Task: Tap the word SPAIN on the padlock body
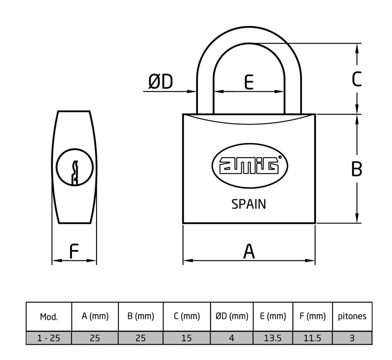click(249, 204)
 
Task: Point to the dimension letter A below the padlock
click(249, 252)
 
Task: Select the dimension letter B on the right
click(356, 169)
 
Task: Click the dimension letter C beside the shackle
click(356, 80)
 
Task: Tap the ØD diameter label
click(160, 82)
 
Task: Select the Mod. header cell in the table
click(49, 317)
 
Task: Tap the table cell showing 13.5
click(273, 338)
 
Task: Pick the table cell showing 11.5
click(313, 338)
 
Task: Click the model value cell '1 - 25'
click(49, 338)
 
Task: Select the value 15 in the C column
click(187, 338)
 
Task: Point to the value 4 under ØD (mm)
click(232, 338)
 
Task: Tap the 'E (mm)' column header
click(273, 316)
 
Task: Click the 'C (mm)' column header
click(187, 316)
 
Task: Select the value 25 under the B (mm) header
click(141, 338)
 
